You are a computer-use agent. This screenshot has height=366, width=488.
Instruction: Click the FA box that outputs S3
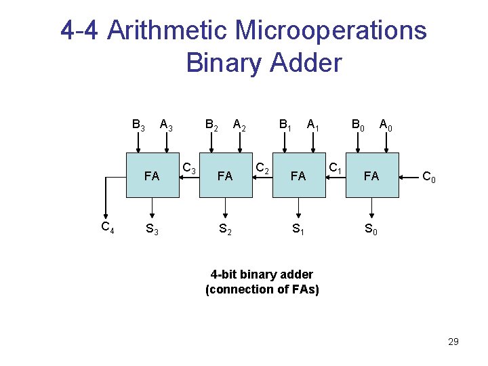coord(152,176)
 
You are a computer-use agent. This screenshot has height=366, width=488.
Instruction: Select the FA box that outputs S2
coord(226,176)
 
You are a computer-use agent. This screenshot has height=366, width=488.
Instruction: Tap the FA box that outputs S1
coord(299,176)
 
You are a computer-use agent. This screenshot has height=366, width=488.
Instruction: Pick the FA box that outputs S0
coord(371,176)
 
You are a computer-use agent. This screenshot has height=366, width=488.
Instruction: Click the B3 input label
coord(138,125)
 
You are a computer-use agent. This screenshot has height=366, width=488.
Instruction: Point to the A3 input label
coord(165,125)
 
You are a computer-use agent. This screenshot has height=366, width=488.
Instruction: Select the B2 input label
coord(211,125)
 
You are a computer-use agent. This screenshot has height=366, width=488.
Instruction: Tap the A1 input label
coord(313,125)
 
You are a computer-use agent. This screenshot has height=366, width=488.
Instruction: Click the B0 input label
coord(357,125)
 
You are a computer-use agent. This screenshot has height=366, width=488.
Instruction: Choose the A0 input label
coord(386,125)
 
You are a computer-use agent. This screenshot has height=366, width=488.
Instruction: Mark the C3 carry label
coord(190,169)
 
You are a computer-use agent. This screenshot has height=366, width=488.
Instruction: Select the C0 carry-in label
coord(429,178)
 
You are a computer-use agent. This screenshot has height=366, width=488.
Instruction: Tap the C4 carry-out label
coord(107,227)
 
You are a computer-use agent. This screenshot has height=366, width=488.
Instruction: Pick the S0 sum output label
coord(371,229)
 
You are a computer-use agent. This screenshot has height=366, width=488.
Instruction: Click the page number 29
coord(453,342)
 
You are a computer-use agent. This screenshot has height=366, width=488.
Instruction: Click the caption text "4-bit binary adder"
coord(262,274)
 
